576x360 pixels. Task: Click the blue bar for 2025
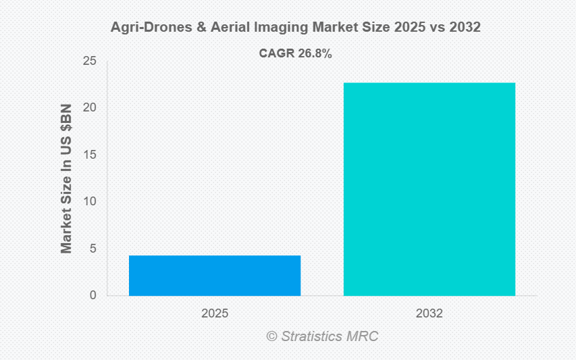click(215, 276)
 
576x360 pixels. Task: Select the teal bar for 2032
click(429, 189)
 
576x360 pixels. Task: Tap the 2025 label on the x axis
click(215, 314)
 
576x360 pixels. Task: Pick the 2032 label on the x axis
click(429, 314)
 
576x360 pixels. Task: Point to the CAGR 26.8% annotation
click(295, 54)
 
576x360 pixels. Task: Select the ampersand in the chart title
click(183, 28)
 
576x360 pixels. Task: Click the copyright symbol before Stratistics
click(271, 336)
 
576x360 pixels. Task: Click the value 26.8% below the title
click(314, 54)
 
